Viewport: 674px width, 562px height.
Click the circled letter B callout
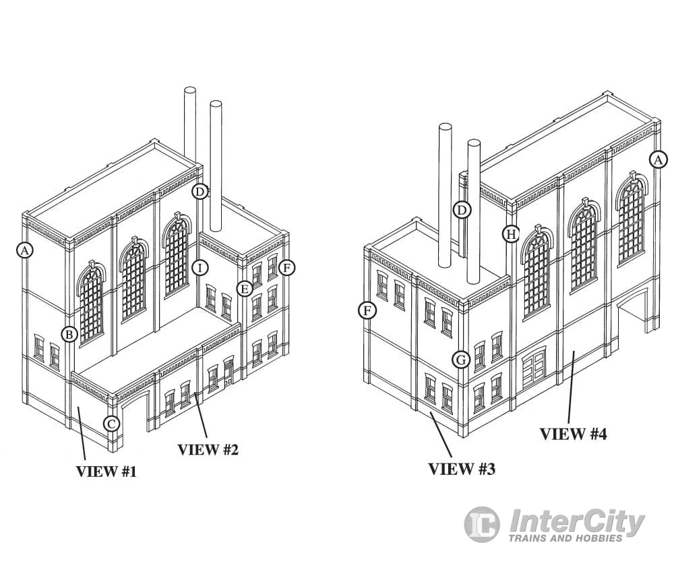tap(69, 333)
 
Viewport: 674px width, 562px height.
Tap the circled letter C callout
tap(112, 424)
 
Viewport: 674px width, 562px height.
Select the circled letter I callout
tap(200, 267)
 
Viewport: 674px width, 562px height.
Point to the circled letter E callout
tap(244, 289)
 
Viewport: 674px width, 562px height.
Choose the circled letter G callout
tap(461, 360)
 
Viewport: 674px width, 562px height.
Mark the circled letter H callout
tap(512, 233)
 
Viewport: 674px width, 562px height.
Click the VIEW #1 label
tap(106, 472)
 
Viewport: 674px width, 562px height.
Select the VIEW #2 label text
tap(208, 449)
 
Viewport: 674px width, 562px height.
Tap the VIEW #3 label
tap(462, 468)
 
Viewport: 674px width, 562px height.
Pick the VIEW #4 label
tap(573, 434)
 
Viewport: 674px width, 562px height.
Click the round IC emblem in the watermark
tap(482, 524)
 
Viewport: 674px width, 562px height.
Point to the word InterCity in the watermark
tap(576, 521)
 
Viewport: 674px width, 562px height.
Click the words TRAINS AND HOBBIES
tap(565, 538)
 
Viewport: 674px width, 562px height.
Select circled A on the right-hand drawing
tap(658, 159)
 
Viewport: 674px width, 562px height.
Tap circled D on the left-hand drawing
tap(200, 191)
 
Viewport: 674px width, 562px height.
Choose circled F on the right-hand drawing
tap(367, 310)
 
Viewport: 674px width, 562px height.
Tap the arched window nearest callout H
tap(537, 270)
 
